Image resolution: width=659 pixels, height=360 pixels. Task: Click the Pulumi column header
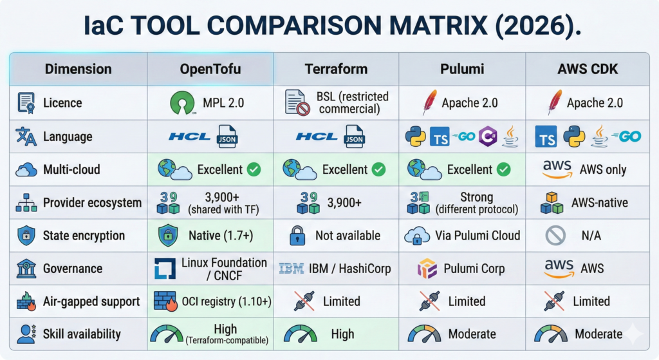pos(462,69)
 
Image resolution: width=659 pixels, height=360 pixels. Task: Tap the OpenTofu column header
pos(210,69)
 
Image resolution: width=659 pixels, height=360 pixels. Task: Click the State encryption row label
pos(84,236)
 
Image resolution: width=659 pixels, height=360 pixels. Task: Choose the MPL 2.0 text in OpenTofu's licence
pos(223,103)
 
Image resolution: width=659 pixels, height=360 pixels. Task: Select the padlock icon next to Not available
pos(297,236)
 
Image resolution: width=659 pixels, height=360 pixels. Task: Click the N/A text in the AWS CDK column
pos(591,236)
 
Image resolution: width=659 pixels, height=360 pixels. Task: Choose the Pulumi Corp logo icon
pos(427,269)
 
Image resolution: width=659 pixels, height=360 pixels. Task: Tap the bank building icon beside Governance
pos(26,269)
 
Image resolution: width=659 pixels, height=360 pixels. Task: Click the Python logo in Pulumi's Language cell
pos(415,137)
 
